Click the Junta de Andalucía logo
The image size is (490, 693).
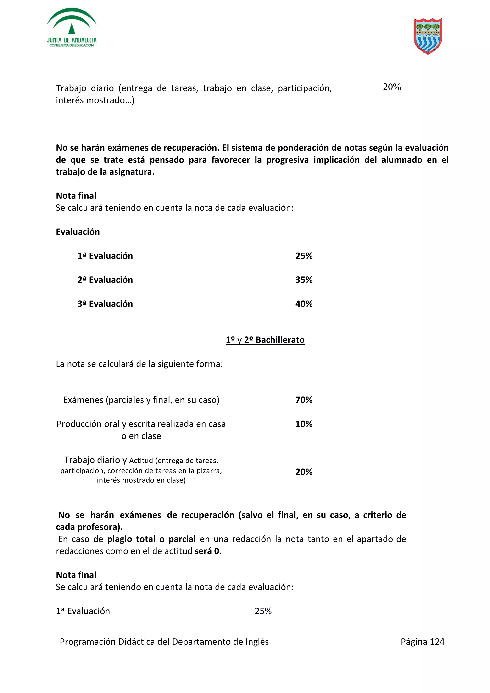pyautogui.click(x=72, y=28)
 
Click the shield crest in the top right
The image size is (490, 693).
pyautogui.click(x=428, y=36)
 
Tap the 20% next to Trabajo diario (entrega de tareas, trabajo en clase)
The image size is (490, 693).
pyautogui.click(x=392, y=87)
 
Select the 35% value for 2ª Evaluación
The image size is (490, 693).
pyautogui.click(x=304, y=280)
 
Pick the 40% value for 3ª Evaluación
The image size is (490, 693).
pyautogui.click(x=304, y=304)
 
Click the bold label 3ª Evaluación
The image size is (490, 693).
pyautogui.click(x=105, y=304)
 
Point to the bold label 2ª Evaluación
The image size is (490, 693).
pyautogui.click(x=105, y=280)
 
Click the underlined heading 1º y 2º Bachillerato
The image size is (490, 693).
pyautogui.click(x=265, y=340)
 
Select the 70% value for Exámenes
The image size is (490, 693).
pyautogui.click(x=304, y=400)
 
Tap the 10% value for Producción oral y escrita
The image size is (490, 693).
pyautogui.click(x=304, y=424)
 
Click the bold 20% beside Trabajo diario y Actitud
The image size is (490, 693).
pyautogui.click(x=304, y=472)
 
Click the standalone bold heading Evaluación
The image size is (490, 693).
pyautogui.click(x=78, y=232)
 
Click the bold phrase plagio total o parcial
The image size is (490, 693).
pyautogui.click(x=151, y=539)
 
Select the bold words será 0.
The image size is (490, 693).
pyautogui.click(x=208, y=551)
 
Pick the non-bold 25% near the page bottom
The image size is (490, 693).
pyautogui.click(x=263, y=611)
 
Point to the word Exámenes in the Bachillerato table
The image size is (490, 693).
pyautogui.click(x=83, y=400)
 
